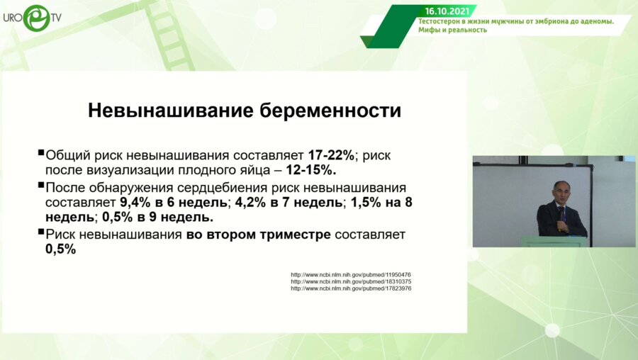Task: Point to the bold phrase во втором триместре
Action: pyautogui.click(x=258, y=235)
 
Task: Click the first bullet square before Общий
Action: pyautogui.click(x=40, y=154)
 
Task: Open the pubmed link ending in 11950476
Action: pyautogui.click(x=351, y=274)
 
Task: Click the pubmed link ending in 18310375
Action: pyautogui.click(x=351, y=281)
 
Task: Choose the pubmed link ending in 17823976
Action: pyautogui.click(x=351, y=288)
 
